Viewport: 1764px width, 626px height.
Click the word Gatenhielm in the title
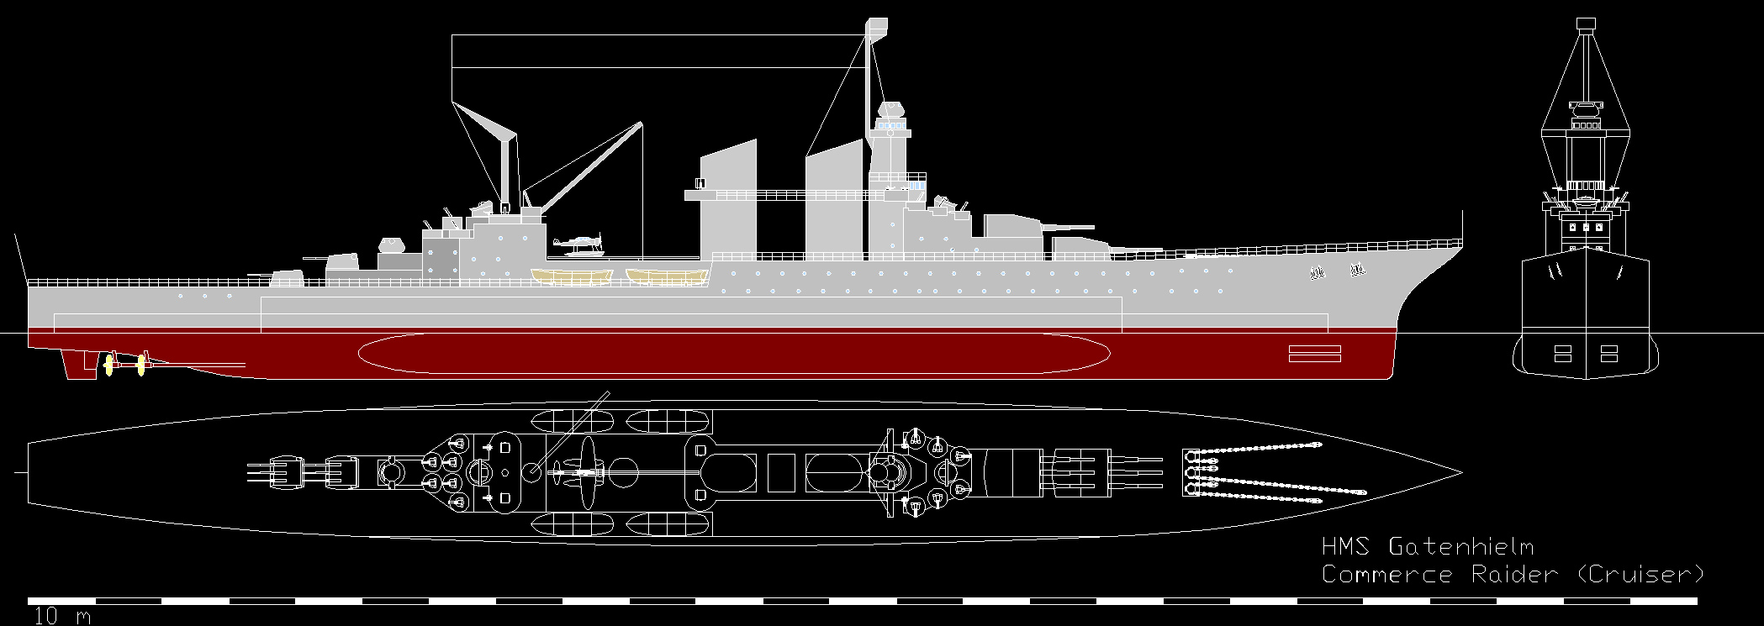pos(1460,547)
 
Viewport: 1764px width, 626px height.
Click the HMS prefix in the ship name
pos(1345,547)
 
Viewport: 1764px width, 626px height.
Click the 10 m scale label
pos(60,617)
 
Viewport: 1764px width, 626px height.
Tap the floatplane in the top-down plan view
pos(583,473)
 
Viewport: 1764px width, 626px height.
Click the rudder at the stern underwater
pos(74,363)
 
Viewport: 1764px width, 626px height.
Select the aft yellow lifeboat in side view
pos(572,276)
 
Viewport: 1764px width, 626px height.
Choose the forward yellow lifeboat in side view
pos(668,276)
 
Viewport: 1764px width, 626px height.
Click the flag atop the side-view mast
pos(877,27)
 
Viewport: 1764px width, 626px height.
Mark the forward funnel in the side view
pos(834,202)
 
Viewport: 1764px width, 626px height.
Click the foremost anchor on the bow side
pos(1355,271)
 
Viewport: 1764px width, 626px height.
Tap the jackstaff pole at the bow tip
pos(1462,228)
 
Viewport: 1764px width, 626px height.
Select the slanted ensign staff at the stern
pos(21,256)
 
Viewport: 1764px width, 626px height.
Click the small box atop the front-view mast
pos(1586,24)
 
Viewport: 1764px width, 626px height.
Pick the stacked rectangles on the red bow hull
pos(1314,353)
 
